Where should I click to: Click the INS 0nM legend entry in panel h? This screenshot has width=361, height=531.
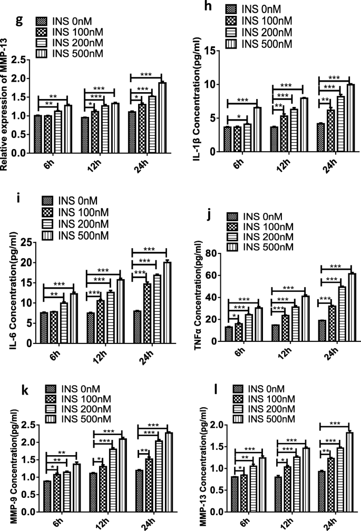pyautogui.click(x=257, y=9)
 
